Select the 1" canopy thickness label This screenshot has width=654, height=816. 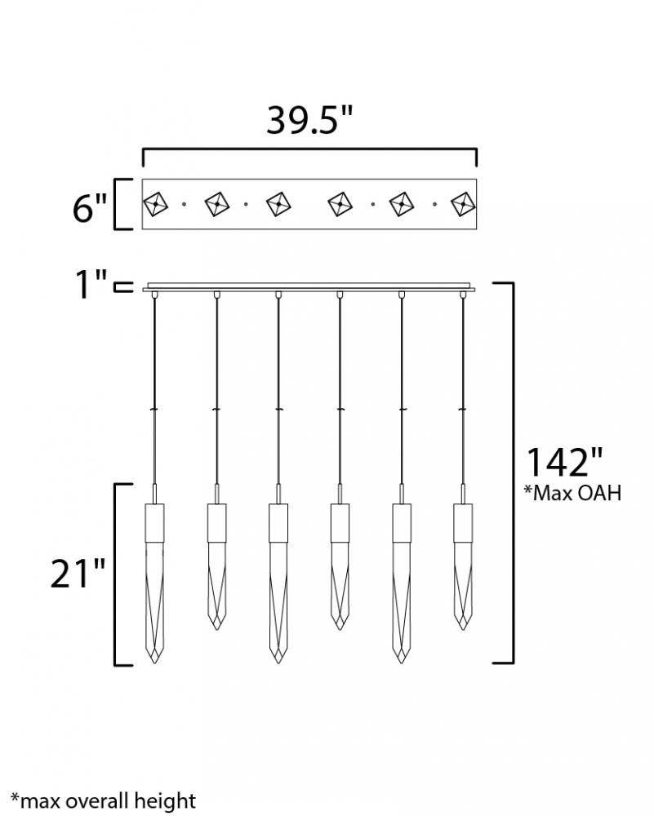click(91, 285)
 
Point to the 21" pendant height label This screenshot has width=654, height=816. click(78, 573)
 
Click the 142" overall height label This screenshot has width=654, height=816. click(565, 462)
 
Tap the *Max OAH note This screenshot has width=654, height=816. click(572, 492)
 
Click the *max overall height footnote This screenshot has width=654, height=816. click(103, 800)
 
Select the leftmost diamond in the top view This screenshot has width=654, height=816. click(155, 204)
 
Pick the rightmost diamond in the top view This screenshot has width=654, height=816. click(463, 204)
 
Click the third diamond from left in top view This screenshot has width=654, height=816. click(278, 204)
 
